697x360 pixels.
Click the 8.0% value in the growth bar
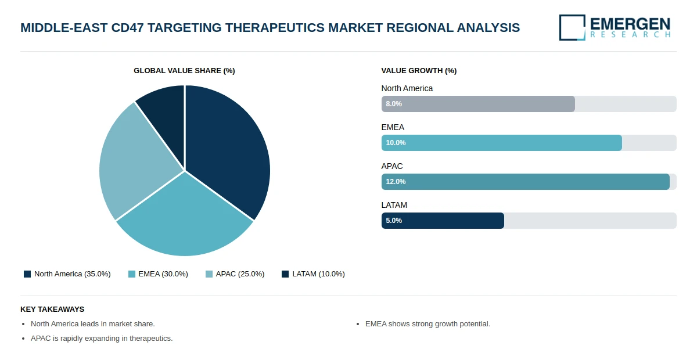[x=394, y=104]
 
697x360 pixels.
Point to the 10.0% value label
[x=396, y=143]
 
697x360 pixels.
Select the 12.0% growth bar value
[x=396, y=182]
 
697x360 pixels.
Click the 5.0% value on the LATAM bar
[x=394, y=221]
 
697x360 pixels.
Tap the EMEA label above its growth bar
[x=393, y=127]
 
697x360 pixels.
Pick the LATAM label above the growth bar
[x=394, y=205]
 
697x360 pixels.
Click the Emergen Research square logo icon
[x=572, y=27]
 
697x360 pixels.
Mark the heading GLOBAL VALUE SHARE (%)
[x=184, y=71]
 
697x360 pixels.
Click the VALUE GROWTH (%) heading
[x=419, y=71]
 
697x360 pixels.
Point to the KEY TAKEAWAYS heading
[x=52, y=309]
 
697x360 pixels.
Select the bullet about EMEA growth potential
[x=427, y=324]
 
